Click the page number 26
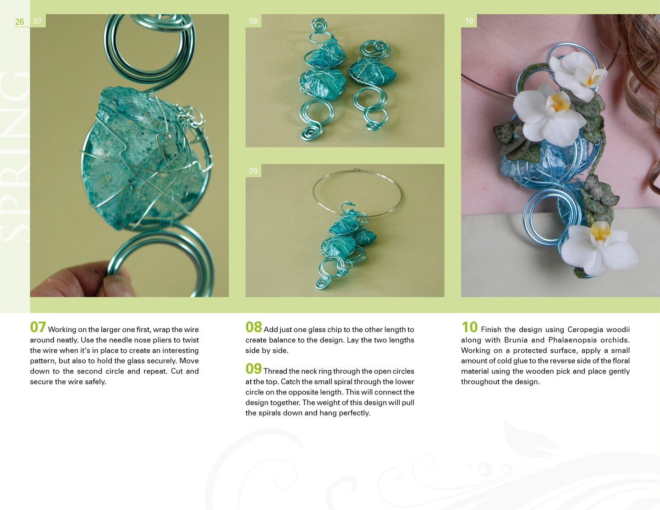click(19, 22)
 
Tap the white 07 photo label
click(38, 21)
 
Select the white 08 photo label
click(253, 21)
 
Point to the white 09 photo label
click(253, 171)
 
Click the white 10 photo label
click(469, 21)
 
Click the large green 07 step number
click(38, 327)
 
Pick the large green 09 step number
click(253, 369)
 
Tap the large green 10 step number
click(470, 327)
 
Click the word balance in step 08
click(280, 340)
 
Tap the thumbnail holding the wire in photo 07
click(113, 285)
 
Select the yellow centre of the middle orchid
click(559, 102)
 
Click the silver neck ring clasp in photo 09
click(356, 170)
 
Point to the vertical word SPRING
click(15, 156)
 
